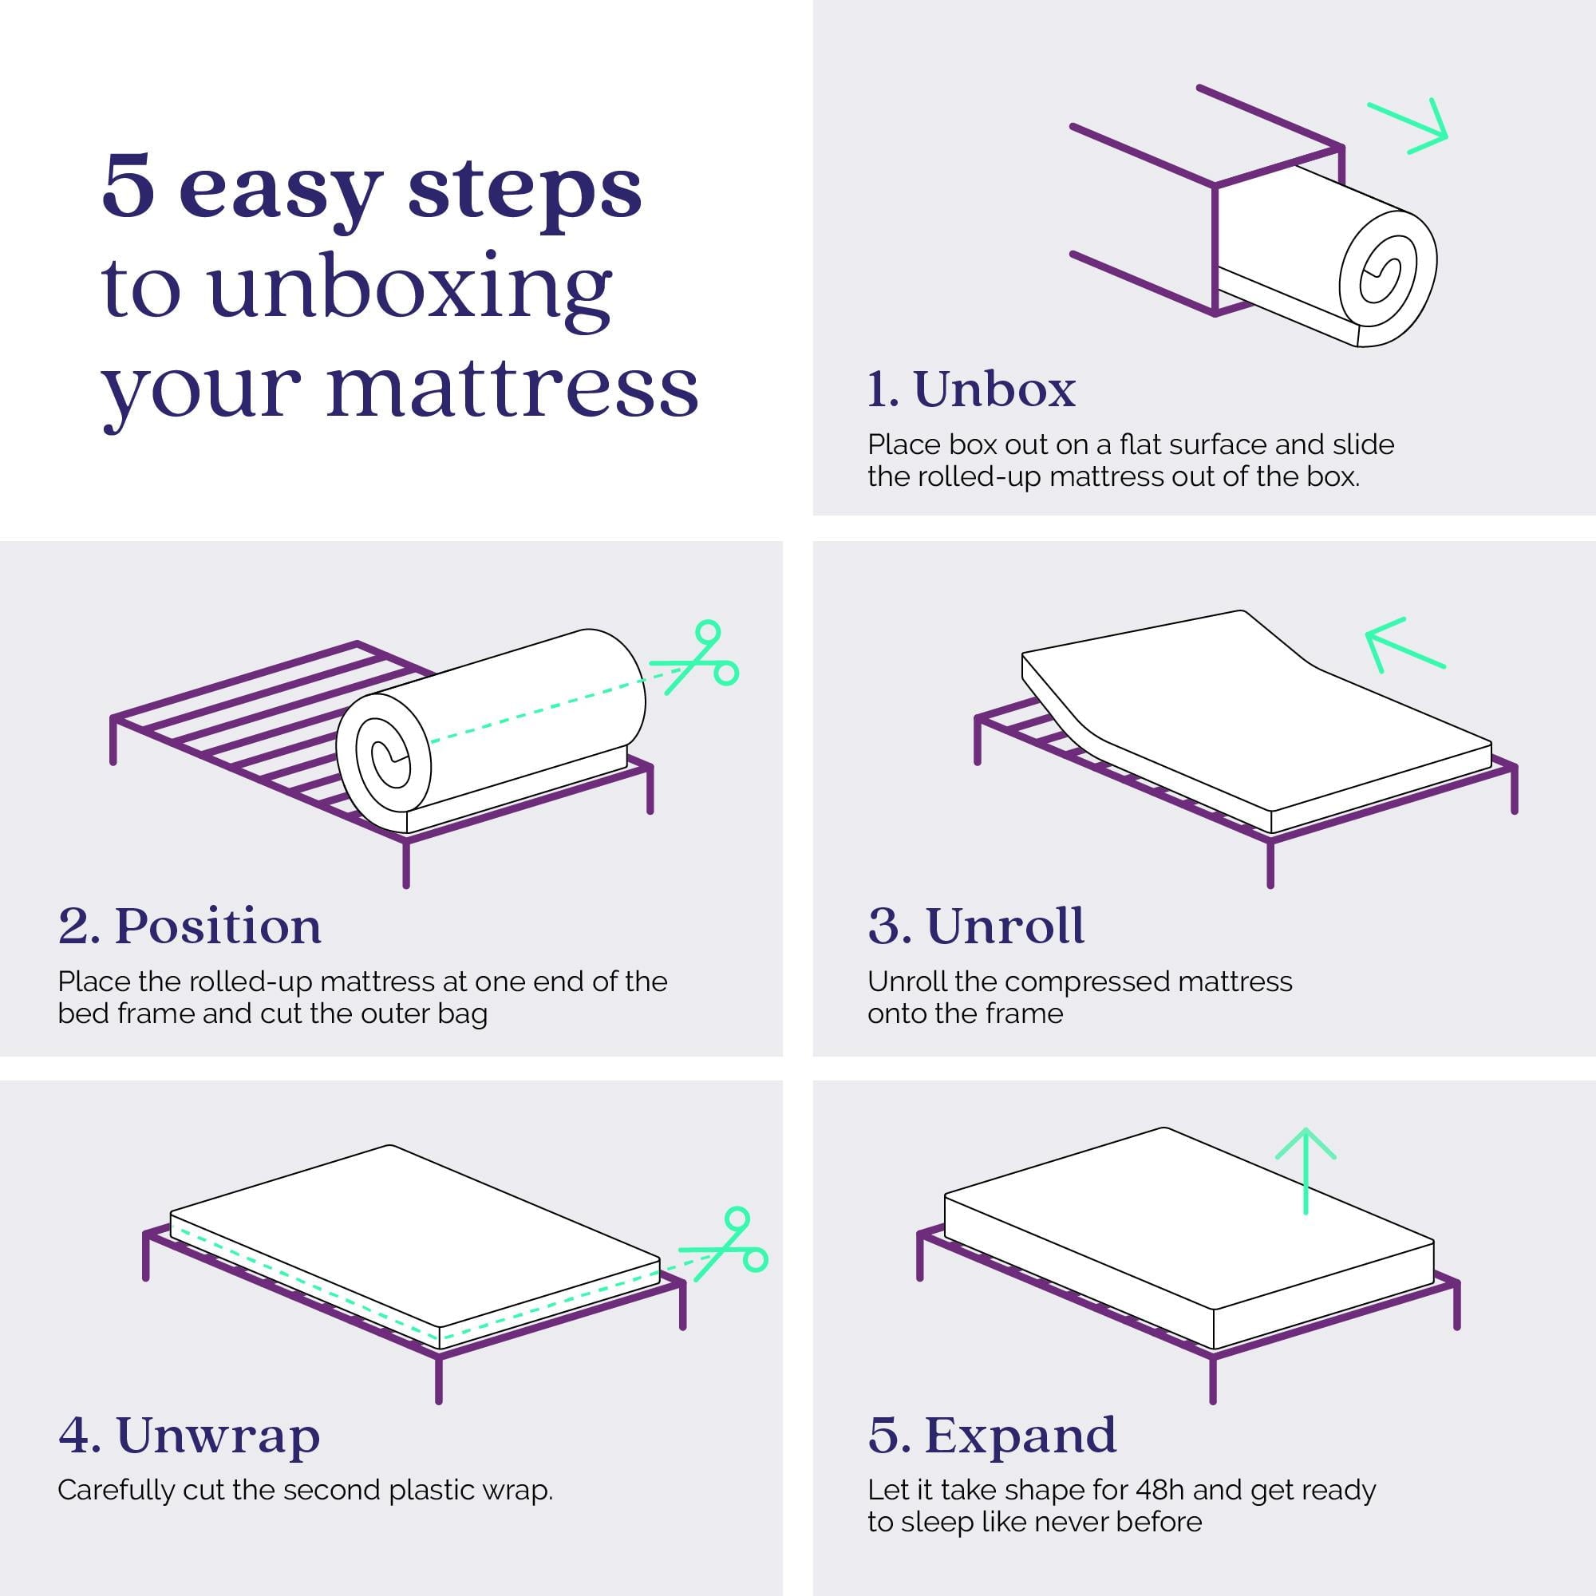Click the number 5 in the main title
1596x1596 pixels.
point(128,188)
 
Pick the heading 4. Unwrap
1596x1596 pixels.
point(189,1435)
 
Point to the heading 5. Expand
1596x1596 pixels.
point(992,1435)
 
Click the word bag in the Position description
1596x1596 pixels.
point(462,1013)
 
